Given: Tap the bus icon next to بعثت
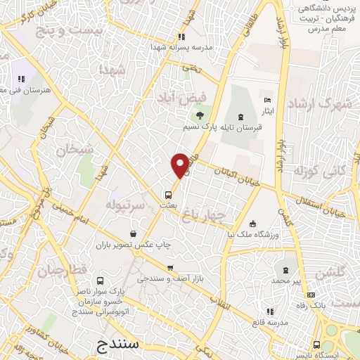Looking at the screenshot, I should pos(168,195).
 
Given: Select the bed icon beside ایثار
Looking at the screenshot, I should pos(266,101).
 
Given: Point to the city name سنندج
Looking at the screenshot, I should pos(117,345).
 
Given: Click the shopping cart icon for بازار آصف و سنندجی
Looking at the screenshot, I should pos(170,268).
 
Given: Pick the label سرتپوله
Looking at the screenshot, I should pos(125,204).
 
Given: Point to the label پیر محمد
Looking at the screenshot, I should pos(286,281).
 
